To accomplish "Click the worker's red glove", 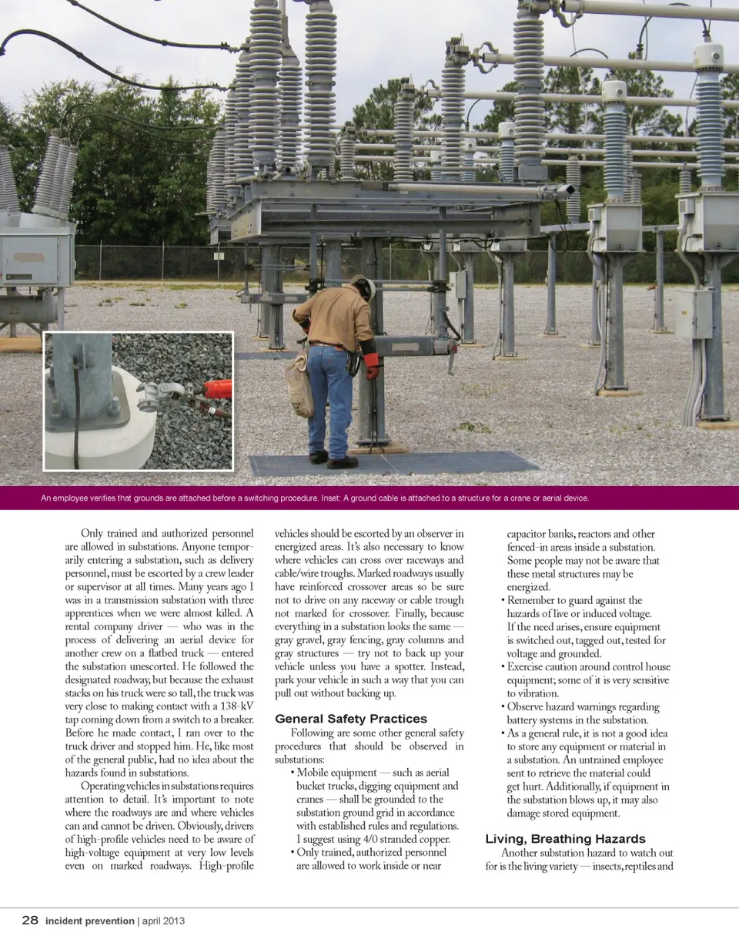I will (x=372, y=365).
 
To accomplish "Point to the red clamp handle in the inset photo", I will (x=218, y=389).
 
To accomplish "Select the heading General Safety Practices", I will (x=350, y=719).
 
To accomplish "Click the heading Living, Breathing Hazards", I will (x=565, y=839).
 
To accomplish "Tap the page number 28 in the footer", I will (x=30, y=921).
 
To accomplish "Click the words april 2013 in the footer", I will (x=163, y=921).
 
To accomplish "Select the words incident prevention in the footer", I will (x=89, y=921).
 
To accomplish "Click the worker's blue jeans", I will (x=329, y=401).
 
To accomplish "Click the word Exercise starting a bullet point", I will (x=532, y=667).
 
